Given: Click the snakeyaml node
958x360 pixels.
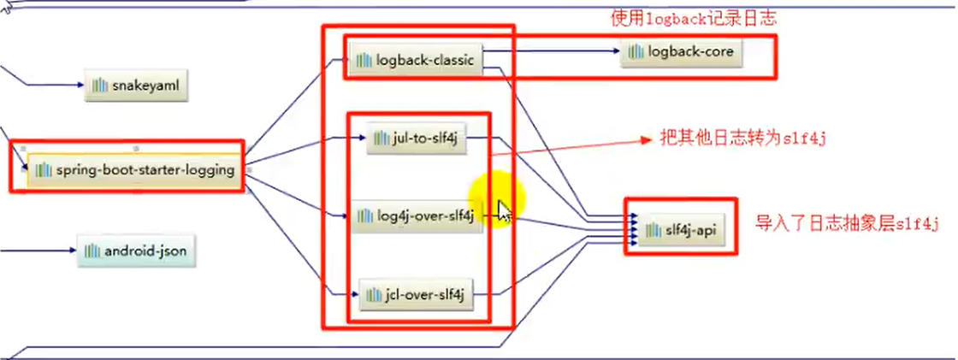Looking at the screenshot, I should point(135,86).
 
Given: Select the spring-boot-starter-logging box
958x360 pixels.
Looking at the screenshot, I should point(134,169).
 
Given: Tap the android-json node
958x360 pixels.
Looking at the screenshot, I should point(135,251).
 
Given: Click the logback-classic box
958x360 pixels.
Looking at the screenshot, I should point(415,61).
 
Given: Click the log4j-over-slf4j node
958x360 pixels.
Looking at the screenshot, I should point(417,215).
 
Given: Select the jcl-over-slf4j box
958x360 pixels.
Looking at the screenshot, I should point(416,295).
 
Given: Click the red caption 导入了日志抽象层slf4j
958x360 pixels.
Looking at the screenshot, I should point(847,225).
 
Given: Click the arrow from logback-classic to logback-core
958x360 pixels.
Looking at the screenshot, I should point(556,54).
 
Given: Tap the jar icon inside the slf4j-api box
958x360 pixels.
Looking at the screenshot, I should point(654,230).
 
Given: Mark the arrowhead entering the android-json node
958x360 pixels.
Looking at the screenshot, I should point(74,251).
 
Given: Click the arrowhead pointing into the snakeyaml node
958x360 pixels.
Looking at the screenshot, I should point(80,86).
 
